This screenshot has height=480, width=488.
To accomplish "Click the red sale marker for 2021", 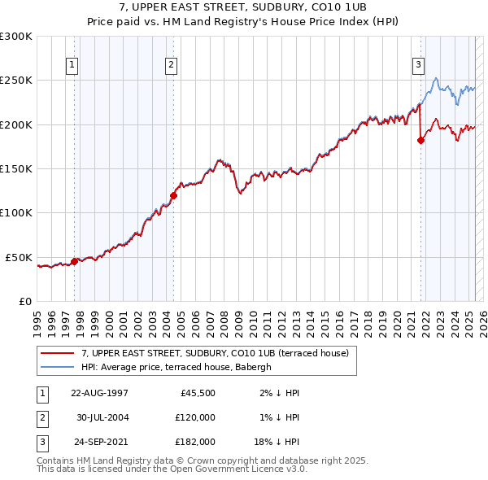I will point(420,140).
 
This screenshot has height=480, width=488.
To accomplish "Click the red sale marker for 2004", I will point(173,195).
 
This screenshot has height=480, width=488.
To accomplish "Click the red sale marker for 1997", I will point(74,261).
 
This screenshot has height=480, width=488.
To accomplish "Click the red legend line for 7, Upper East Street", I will point(58,353).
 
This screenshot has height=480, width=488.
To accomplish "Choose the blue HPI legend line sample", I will point(58,368).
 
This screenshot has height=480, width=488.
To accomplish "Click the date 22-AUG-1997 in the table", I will point(99,393).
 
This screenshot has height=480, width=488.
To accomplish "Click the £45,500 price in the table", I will point(195,393).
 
